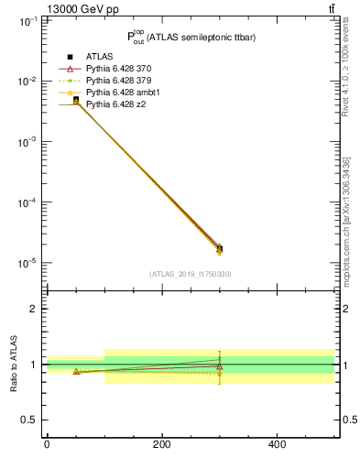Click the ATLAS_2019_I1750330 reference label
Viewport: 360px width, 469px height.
191,274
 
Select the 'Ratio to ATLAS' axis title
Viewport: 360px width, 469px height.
13,365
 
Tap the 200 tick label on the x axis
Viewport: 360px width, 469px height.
161,444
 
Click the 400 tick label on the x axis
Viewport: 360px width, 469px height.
277,444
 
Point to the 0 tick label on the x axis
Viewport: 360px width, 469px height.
47,444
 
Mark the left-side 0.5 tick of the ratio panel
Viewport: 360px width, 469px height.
29,420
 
